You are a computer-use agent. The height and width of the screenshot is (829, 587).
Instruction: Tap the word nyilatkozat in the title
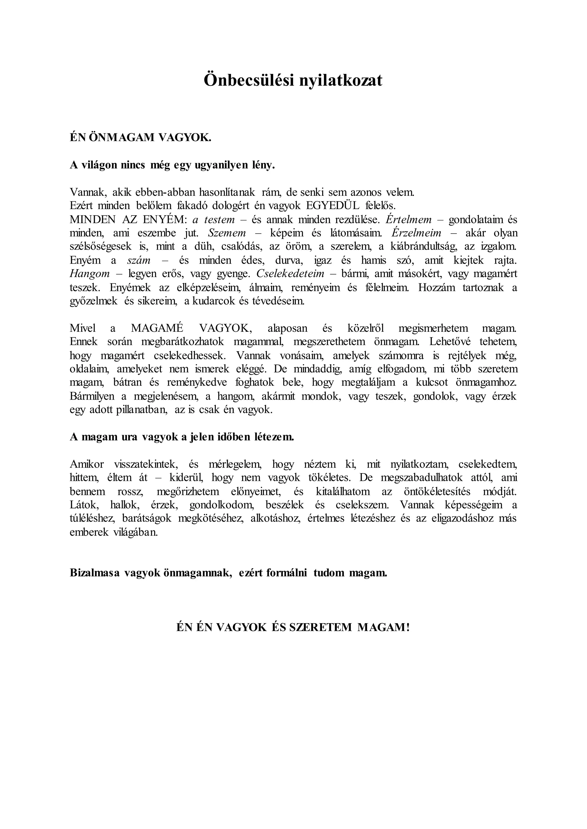tap(341, 80)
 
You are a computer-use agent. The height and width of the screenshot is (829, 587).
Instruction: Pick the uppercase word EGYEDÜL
tap(332, 206)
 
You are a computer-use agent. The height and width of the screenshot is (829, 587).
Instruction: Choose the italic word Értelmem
tap(409, 220)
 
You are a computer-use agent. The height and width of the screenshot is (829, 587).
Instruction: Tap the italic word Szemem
tap(227, 233)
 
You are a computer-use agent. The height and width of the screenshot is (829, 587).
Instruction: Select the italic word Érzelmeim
tap(417, 233)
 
